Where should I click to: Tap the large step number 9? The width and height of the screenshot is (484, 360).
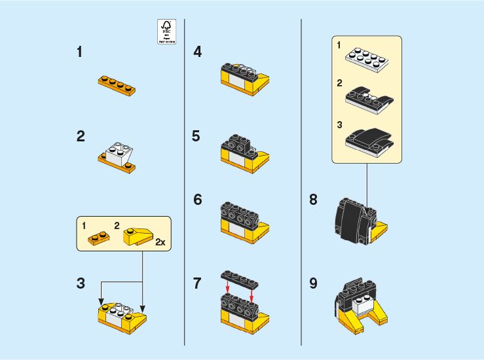pyautogui.click(x=313, y=283)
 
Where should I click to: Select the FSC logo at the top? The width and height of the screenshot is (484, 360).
pyautogui.click(x=167, y=31)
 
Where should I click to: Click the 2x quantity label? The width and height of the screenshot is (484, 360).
pyautogui.click(x=160, y=242)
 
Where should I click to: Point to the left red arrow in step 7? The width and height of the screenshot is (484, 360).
pyautogui.click(x=227, y=290)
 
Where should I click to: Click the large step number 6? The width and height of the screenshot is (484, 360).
pyautogui.click(x=197, y=200)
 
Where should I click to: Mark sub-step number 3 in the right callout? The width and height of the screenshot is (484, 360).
pyautogui.click(x=339, y=124)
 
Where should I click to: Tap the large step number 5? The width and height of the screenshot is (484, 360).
pyautogui.click(x=196, y=136)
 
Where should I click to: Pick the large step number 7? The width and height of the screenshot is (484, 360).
pyautogui.click(x=197, y=283)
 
